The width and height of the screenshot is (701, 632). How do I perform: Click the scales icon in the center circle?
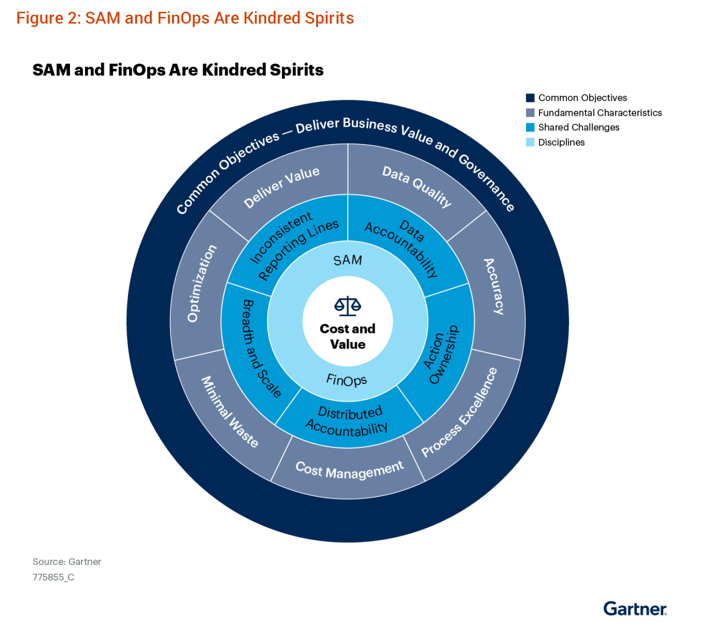[x=348, y=306]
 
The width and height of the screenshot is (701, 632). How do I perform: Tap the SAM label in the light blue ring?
[x=348, y=260]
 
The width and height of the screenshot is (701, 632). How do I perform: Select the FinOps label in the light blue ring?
[x=347, y=380]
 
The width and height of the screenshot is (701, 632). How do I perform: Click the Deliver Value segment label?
[x=282, y=187]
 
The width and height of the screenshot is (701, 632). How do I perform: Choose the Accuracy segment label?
[x=494, y=286]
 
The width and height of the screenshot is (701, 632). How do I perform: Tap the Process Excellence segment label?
[x=459, y=412]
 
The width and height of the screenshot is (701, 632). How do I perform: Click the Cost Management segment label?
[x=350, y=470]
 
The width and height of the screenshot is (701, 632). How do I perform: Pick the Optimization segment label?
[x=202, y=283]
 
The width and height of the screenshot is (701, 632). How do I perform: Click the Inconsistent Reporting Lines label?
[x=293, y=246]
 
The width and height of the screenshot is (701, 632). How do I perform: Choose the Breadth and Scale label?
[x=261, y=349]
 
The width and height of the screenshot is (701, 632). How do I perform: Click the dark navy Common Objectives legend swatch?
[x=530, y=98]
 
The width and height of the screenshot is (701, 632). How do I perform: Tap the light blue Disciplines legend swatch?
[x=530, y=142]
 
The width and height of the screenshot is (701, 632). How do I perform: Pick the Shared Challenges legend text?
[x=579, y=128]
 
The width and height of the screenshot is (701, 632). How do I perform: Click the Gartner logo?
[x=634, y=609]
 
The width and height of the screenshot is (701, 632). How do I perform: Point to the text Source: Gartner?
[x=67, y=562]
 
